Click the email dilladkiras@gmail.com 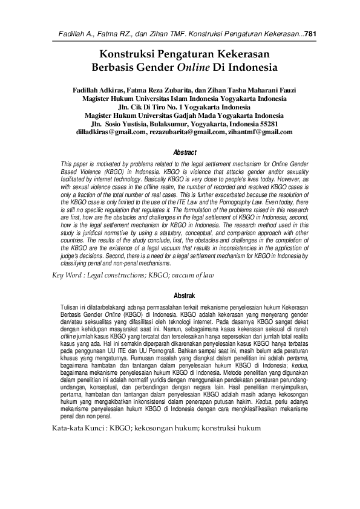pyautogui.click(x=108, y=131)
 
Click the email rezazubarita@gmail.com pyautogui.click(x=188, y=131)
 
